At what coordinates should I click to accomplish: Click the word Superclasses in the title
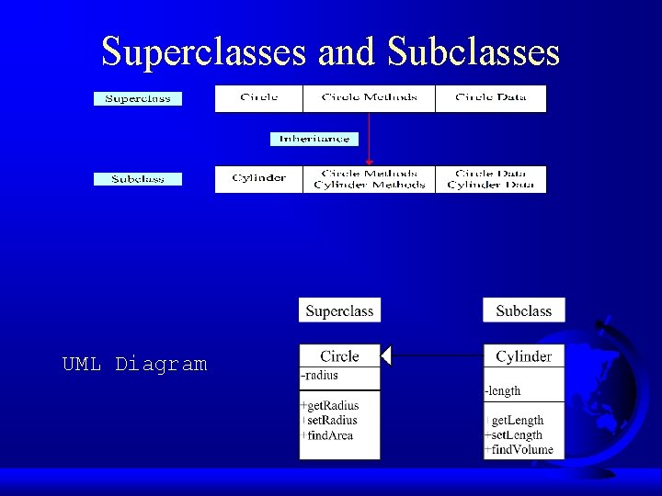click(x=203, y=51)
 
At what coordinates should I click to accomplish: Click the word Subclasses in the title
click(x=474, y=51)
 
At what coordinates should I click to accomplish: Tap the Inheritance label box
click(x=314, y=139)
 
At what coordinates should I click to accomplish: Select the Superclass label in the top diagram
click(x=138, y=98)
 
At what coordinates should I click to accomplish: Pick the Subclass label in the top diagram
click(x=138, y=178)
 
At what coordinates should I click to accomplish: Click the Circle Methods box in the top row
click(x=369, y=98)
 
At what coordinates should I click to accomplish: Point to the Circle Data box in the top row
click(x=490, y=98)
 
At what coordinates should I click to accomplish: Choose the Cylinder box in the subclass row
click(x=258, y=178)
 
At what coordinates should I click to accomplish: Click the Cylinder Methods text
click(x=369, y=185)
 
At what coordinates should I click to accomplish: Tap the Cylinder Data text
click(x=490, y=185)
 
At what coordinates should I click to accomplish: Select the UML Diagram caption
click(x=134, y=365)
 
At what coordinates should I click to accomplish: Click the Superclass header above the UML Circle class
click(x=339, y=310)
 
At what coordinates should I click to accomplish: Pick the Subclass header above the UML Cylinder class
click(x=523, y=310)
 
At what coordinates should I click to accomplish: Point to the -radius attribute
click(x=320, y=375)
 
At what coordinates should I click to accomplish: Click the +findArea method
click(x=327, y=435)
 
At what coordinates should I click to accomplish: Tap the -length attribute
click(x=503, y=390)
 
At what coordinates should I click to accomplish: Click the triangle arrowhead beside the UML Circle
click(x=387, y=355)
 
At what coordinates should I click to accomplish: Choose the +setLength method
click(x=514, y=434)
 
